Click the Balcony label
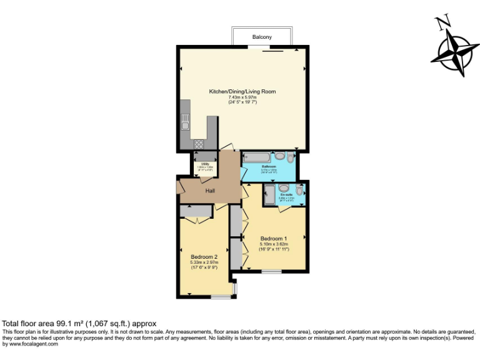(x=262, y=37)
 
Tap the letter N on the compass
(x=444, y=24)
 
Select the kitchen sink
(x=186, y=126)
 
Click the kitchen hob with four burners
(x=199, y=144)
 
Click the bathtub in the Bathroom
(x=257, y=156)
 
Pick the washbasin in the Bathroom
(x=279, y=156)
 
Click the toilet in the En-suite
(x=299, y=189)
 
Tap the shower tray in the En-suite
(x=269, y=194)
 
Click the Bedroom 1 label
(x=274, y=239)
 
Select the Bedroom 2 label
(x=204, y=256)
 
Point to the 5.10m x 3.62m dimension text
(x=274, y=244)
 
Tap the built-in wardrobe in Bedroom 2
(x=197, y=212)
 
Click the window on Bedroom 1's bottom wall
(x=271, y=271)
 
